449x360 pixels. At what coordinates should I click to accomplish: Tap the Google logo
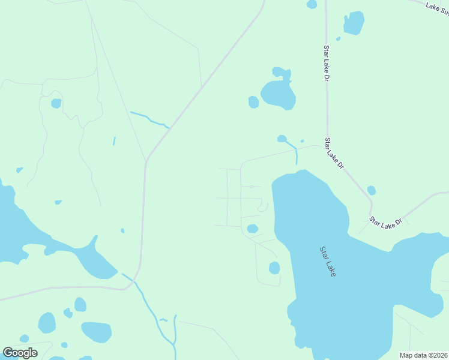point(20,353)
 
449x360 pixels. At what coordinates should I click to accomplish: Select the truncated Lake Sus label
point(437,7)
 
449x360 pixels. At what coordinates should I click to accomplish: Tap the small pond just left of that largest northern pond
point(253,102)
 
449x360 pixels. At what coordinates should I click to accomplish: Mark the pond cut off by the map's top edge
point(312,4)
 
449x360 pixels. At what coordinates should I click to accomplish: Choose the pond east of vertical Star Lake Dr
point(354,23)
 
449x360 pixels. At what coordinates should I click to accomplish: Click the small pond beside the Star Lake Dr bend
point(372,190)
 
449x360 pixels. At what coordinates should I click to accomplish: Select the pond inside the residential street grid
point(253,229)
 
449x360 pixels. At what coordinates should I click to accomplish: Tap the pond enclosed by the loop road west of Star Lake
point(274,268)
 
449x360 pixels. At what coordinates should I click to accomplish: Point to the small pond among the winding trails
point(56,103)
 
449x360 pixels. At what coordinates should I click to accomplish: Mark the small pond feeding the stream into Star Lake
point(282,139)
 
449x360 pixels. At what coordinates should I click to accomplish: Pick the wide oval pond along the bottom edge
point(96,332)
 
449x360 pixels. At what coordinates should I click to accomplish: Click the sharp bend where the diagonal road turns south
point(146,160)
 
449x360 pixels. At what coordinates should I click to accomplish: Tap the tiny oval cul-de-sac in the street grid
point(251,187)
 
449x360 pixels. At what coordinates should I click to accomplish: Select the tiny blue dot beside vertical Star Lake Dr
point(339,39)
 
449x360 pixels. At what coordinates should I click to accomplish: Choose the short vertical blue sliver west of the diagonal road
point(114,141)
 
